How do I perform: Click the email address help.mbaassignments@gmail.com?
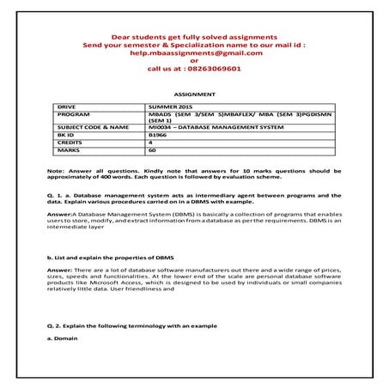[194, 52]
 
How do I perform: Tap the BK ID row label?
[64, 135]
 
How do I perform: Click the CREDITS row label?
[69, 142]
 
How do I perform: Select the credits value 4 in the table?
[150, 142]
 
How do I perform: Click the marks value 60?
[152, 149]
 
